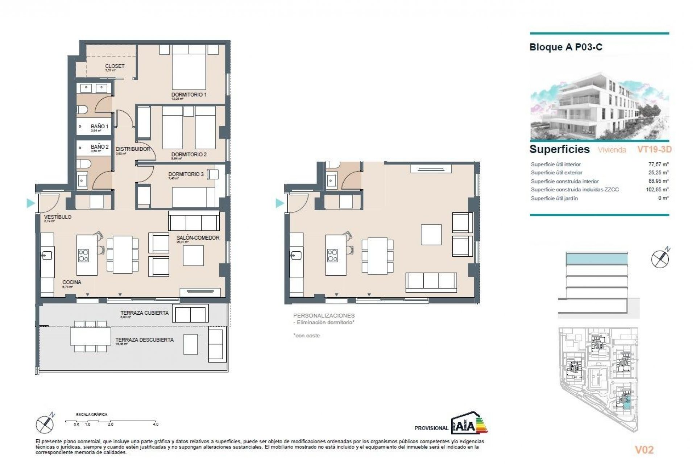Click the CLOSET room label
(x=115, y=66)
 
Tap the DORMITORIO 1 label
(x=189, y=95)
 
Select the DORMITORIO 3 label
(x=186, y=174)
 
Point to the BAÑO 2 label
(x=100, y=147)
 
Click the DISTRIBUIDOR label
(x=133, y=149)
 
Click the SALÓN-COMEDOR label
(x=198, y=238)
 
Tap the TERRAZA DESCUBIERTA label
(x=144, y=340)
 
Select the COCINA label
(x=71, y=282)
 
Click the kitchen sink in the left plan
(x=47, y=256)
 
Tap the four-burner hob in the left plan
(x=83, y=255)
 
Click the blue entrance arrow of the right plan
(x=279, y=203)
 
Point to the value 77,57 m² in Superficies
(x=658, y=164)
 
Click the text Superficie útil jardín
(x=554, y=198)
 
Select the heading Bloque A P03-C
(x=565, y=47)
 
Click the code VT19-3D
(x=654, y=149)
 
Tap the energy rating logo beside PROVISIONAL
(x=469, y=423)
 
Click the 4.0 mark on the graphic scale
(x=156, y=424)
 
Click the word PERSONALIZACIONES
(x=324, y=316)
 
